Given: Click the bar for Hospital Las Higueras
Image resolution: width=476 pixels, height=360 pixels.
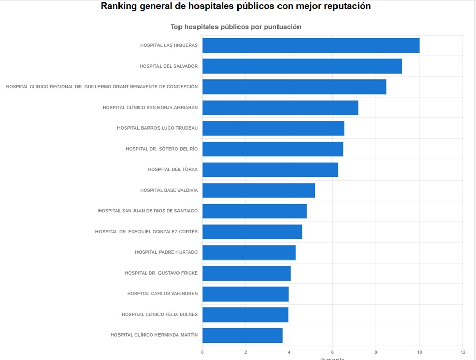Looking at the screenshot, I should [x=310, y=46].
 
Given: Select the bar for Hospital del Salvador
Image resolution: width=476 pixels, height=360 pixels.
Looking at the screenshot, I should [x=302, y=66].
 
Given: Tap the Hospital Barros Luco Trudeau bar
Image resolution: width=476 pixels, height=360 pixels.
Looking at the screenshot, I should [x=273, y=128].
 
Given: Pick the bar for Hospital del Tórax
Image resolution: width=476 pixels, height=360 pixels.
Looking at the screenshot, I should [x=270, y=170].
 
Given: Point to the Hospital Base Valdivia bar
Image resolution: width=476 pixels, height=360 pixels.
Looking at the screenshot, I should [x=259, y=190].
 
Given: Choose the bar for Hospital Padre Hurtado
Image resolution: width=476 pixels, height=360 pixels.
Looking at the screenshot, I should [x=249, y=252].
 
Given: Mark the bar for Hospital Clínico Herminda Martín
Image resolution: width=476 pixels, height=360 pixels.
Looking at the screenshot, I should [x=242, y=335].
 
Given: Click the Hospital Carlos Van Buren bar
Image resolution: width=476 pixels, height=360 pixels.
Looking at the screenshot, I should [x=245, y=294].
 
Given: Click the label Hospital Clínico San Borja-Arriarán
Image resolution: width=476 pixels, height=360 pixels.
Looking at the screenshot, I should [x=150, y=108].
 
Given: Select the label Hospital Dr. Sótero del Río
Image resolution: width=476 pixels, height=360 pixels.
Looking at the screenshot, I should [x=162, y=149].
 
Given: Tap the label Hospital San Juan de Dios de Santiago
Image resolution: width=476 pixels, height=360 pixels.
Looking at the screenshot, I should [x=148, y=211].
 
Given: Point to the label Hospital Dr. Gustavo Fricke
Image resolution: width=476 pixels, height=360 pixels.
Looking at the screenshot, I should [x=161, y=273].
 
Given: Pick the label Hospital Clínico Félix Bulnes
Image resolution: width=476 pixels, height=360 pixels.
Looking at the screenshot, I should [x=160, y=314].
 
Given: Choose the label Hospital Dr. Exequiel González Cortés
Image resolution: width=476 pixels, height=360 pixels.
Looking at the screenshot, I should [x=146, y=232].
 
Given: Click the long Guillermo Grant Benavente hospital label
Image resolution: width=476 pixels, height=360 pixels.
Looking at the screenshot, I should [x=102, y=87].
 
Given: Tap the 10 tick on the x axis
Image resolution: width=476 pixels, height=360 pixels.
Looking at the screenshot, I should [x=419, y=352].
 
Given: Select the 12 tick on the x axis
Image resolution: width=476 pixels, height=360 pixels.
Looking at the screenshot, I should [x=463, y=352].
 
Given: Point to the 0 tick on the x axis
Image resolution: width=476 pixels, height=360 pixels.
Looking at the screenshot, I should [x=202, y=352].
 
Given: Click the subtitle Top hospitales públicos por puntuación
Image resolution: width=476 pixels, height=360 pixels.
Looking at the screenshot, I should [x=235, y=26].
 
